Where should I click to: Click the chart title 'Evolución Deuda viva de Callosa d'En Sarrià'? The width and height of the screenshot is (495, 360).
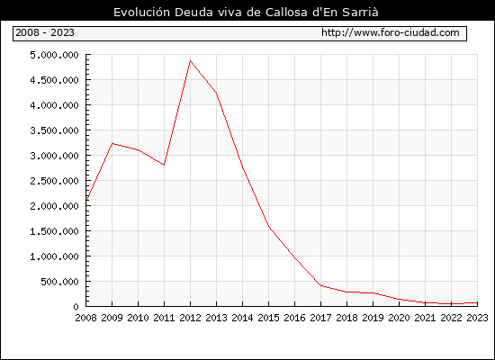tap(246, 13)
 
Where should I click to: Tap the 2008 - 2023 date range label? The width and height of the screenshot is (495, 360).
tap(45, 32)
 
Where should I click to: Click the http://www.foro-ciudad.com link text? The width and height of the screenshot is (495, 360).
tap(391, 32)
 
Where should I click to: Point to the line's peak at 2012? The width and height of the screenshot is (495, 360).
tap(190, 60)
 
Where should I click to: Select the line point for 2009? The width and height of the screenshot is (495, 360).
tap(112, 144)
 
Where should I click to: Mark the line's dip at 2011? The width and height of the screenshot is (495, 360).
tap(164, 165)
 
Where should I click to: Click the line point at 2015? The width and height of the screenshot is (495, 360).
tap(269, 227)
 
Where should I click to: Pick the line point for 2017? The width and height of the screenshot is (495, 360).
tap(320, 285)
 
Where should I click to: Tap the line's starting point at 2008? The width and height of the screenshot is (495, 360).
tap(86, 200)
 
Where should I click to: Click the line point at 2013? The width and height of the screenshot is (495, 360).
tap(216, 93)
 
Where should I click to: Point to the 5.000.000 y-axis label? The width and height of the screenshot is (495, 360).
tap(54, 55)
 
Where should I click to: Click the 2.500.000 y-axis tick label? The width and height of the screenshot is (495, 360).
tap(54, 181)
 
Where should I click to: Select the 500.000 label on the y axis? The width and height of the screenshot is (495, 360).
tap(59, 282)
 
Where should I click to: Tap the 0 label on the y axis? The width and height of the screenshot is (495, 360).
tap(76, 307)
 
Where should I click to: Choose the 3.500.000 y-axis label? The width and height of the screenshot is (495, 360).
tap(54, 130)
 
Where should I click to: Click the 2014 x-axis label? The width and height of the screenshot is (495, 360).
tap(242, 318)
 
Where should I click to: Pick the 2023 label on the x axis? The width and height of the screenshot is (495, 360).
tap(477, 318)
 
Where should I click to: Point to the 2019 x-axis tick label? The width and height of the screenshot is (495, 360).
tap(373, 318)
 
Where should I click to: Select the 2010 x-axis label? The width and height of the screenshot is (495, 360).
tap(138, 318)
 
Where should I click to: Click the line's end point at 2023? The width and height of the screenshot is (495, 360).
tap(477, 302)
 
